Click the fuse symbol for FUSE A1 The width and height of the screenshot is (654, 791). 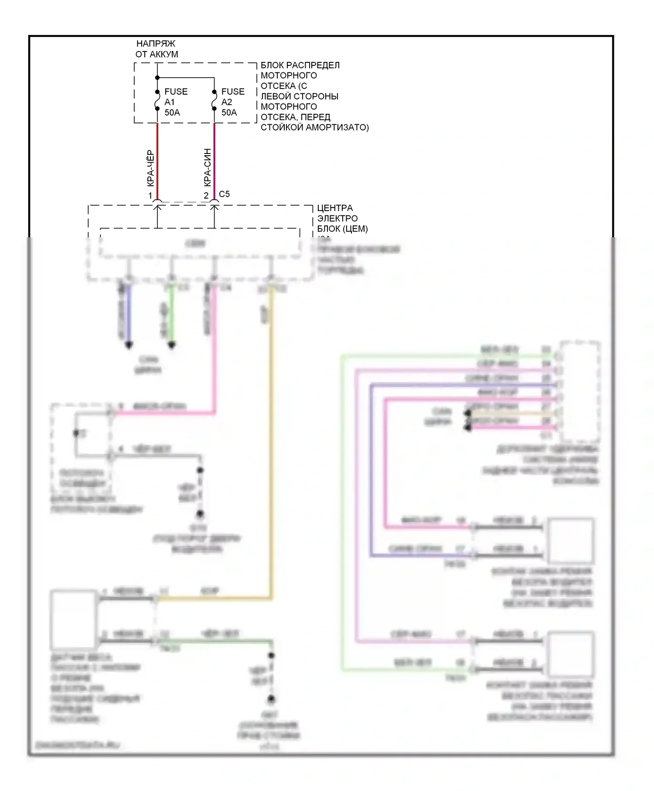point(157,100)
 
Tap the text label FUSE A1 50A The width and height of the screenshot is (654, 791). point(176,102)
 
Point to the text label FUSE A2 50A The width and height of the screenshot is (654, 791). point(233,102)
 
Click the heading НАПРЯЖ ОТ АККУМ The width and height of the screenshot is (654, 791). point(157,49)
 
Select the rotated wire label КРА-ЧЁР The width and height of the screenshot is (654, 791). point(150,169)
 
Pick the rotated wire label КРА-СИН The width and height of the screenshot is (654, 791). point(208,168)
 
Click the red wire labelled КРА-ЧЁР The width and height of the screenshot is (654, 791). point(157,161)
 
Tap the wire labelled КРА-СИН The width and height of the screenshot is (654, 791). point(214,161)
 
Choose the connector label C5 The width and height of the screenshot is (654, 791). point(224,194)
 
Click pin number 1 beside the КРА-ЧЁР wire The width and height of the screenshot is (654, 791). point(150,196)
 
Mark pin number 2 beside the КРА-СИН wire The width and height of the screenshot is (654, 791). point(206,196)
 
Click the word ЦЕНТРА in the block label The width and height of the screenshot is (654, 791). point(335,208)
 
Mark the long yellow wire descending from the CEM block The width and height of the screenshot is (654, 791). point(272,436)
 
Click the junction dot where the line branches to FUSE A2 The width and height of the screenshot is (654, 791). point(157,78)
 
